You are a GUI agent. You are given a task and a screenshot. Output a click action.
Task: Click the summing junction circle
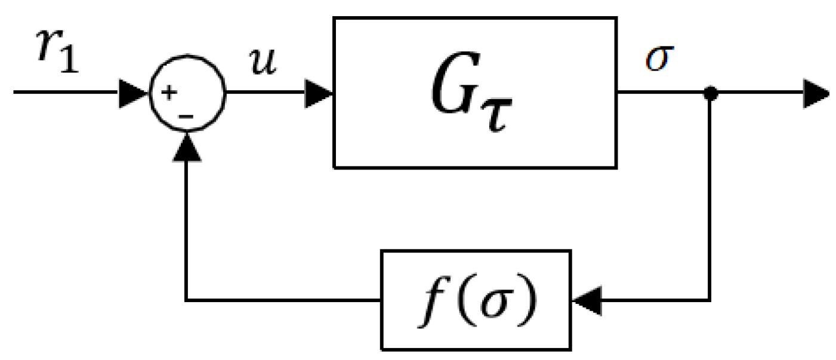187,93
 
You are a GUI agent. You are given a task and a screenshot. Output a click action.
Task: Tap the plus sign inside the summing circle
172,93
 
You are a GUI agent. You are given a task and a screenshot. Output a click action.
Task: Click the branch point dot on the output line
710,94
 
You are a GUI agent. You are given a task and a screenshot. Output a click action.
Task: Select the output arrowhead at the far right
817,94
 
